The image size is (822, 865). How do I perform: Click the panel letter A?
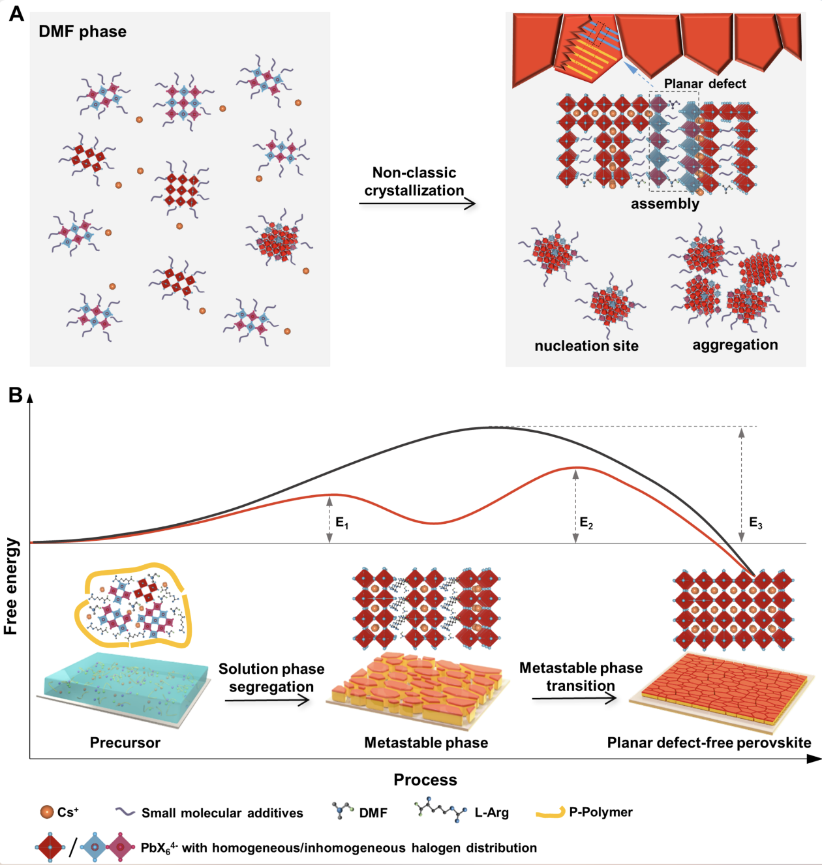[x=16, y=14]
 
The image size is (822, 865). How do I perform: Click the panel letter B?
[x=15, y=395]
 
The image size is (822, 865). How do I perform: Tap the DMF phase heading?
[x=82, y=31]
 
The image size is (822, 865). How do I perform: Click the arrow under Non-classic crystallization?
[x=417, y=204]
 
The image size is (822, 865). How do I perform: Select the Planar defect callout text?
[x=705, y=83]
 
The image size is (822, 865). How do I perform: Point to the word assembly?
[x=665, y=204]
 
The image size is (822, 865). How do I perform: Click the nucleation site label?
[x=586, y=346]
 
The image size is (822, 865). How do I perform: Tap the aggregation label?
[x=735, y=344]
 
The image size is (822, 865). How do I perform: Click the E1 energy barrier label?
[x=342, y=523]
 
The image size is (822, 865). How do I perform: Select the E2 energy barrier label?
[x=586, y=523]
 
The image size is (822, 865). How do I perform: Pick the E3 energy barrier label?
[x=755, y=523]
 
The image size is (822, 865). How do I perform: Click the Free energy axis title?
[x=11, y=586]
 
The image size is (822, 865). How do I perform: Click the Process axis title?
[x=425, y=780]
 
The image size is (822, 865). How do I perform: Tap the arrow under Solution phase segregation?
[x=267, y=701]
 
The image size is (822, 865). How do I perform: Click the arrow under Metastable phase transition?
[x=574, y=699]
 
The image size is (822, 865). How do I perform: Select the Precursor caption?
[x=125, y=742]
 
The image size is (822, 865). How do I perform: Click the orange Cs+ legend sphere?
[x=47, y=812]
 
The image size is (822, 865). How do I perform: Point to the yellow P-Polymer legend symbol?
[x=550, y=813]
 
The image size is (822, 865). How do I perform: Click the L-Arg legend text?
[x=491, y=813]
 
